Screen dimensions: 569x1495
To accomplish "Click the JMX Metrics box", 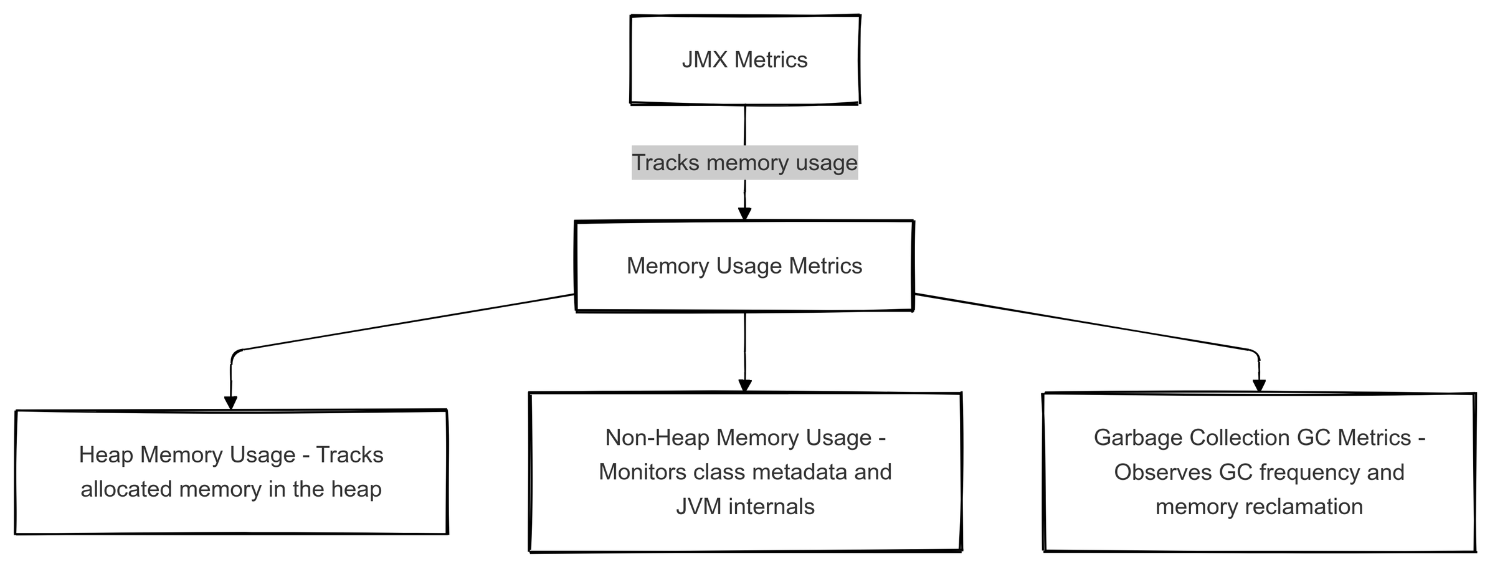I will (x=744, y=59).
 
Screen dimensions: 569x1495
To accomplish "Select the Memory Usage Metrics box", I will (x=744, y=265).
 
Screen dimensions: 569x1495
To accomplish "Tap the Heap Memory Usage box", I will (x=231, y=472).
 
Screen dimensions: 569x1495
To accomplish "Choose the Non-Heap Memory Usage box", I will (x=745, y=472).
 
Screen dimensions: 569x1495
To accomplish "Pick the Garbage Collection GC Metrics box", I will (x=1259, y=472).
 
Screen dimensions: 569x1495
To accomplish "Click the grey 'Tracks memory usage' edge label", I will (x=744, y=163).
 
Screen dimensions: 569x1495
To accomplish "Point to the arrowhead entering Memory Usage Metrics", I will (x=744, y=214).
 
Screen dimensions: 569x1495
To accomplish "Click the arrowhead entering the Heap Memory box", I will (x=231, y=403).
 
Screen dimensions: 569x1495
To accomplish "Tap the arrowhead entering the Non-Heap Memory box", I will (x=745, y=385).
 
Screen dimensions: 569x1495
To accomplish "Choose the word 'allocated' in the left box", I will (x=126, y=489).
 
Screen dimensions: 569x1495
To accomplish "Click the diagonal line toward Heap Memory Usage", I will (x=405, y=322).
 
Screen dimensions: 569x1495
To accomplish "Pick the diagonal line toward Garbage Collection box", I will (x=1084, y=322).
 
